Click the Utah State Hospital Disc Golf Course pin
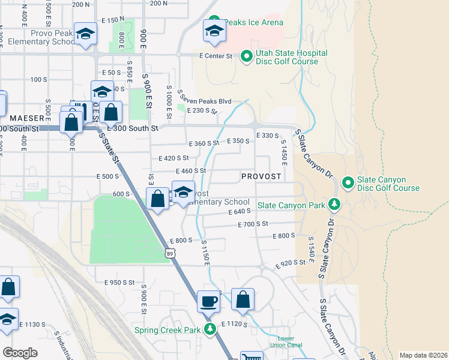246,57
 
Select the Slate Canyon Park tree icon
335,205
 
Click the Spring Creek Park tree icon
210,329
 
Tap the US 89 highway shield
170,254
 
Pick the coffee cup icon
209,301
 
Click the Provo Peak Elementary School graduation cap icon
86,35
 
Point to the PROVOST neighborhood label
261,176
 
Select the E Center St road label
215,56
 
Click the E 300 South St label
132,128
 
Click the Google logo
20,352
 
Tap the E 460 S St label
190,171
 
